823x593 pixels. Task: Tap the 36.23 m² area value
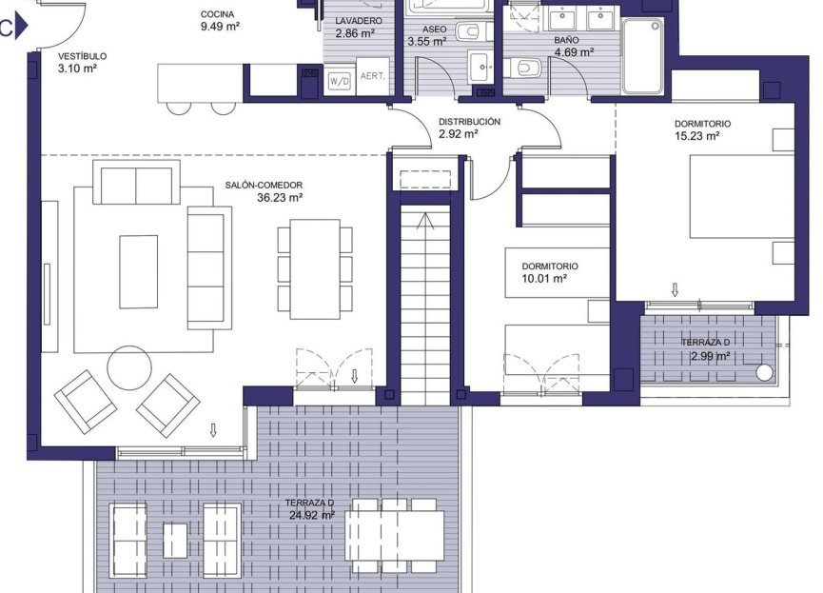[x=280, y=198]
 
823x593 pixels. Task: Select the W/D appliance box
[x=339, y=82]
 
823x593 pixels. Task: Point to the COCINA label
[x=219, y=15]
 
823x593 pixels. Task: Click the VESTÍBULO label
[x=82, y=56]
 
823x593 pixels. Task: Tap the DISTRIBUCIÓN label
[x=469, y=122]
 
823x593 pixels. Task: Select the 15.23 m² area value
[x=696, y=136]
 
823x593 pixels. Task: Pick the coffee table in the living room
[x=139, y=271]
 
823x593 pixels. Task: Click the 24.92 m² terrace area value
[x=312, y=515]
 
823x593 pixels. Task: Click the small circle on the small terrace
[x=764, y=372]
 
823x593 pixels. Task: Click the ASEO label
[x=421, y=30]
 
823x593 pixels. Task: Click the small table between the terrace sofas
[x=175, y=541]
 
